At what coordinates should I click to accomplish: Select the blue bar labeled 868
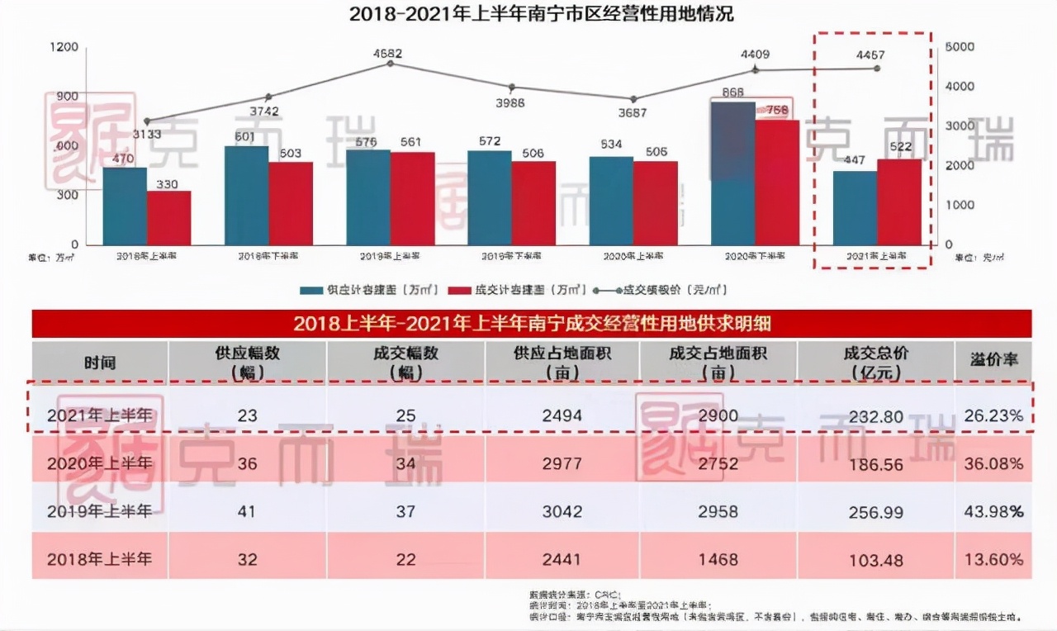(x=733, y=173)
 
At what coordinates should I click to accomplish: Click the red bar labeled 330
(x=169, y=218)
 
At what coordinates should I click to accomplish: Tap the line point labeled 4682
(x=390, y=64)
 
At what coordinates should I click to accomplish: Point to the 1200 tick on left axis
(x=65, y=47)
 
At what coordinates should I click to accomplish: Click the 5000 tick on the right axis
(x=960, y=47)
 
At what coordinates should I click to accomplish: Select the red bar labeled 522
(x=898, y=202)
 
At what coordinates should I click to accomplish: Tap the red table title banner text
(x=532, y=323)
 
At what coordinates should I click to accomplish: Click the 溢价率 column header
(x=993, y=361)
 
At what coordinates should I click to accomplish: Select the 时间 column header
(x=100, y=363)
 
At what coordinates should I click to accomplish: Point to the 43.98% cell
(x=993, y=512)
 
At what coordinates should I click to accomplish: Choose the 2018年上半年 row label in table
(x=100, y=559)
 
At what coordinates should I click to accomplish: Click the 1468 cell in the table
(x=717, y=559)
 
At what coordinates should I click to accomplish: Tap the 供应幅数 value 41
(x=247, y=512)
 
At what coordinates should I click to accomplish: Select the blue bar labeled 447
(x=855, y=207)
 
